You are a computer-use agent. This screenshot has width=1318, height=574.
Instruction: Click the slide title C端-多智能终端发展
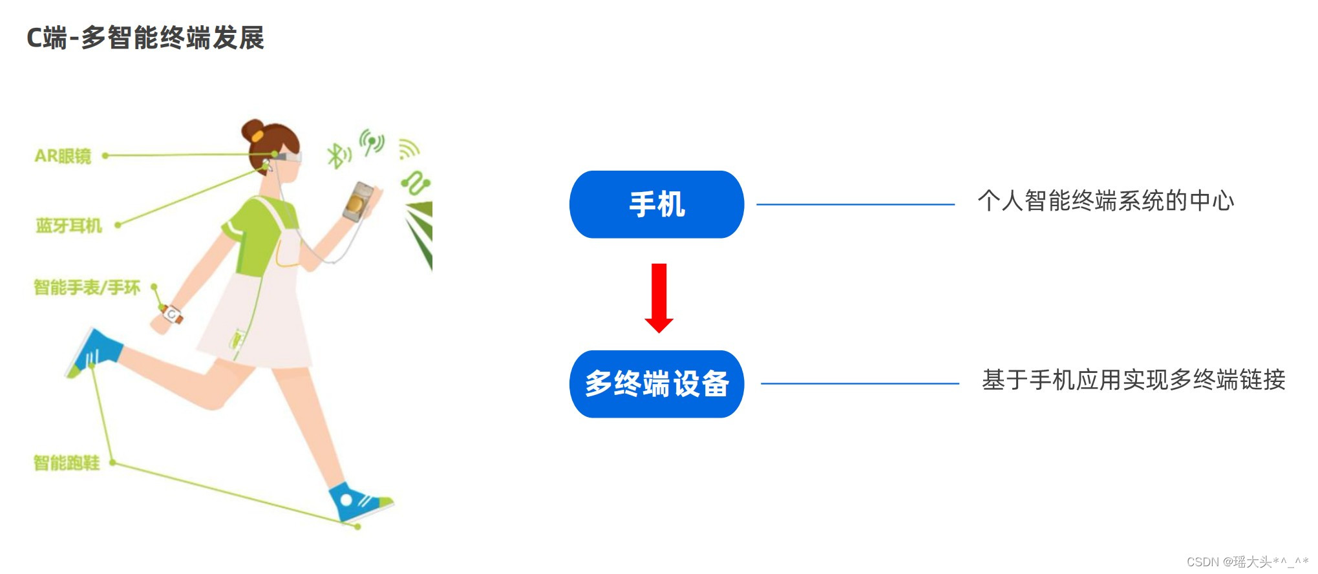point(145,38)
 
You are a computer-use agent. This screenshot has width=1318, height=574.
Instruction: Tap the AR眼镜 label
point(63,156)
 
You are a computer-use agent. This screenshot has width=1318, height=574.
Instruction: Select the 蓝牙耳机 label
point(69,226)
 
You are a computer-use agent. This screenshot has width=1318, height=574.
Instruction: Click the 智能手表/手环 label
point(87,287)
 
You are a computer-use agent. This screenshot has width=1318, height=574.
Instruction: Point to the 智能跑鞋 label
point(67,463)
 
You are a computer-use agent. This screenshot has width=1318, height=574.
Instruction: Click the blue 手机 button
point(656,204)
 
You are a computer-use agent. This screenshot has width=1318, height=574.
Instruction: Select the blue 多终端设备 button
point(656,384)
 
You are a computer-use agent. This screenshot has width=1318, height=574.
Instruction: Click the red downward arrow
point(659,297)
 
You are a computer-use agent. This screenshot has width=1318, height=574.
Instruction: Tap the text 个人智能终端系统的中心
point(1105,201)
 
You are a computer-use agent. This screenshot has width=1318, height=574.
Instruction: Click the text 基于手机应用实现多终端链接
point(1133,380)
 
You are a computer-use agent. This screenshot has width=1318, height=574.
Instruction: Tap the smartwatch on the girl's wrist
point(173,315)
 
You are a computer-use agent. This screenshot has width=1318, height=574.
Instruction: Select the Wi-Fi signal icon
point(408,149)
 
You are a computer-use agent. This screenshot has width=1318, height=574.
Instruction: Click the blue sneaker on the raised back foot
point(94,352)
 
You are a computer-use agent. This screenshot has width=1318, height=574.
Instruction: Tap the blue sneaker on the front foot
point(357,502)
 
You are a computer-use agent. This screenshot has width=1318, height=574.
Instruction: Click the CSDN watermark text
point(1246,561)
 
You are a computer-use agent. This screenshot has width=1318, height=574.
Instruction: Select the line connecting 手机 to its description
point(855,204)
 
